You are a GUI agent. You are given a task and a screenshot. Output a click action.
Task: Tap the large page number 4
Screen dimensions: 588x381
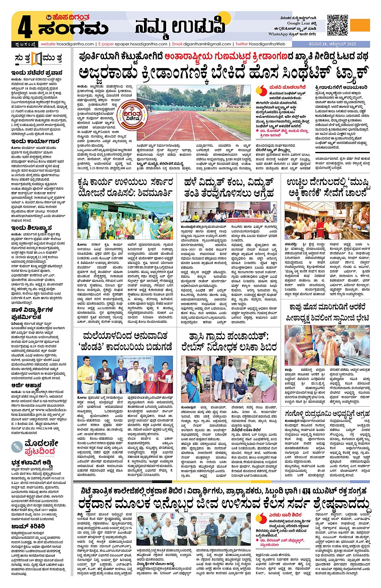point(25,27)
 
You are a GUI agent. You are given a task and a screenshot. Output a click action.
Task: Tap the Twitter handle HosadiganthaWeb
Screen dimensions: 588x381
point(266,44)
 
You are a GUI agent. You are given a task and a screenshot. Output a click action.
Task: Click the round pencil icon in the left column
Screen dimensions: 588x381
point(17,447)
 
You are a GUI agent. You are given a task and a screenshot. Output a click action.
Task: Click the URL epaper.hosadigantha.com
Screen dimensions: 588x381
point(141,44)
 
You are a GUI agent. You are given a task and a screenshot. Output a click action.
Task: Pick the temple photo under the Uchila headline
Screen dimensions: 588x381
point(327,220)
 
